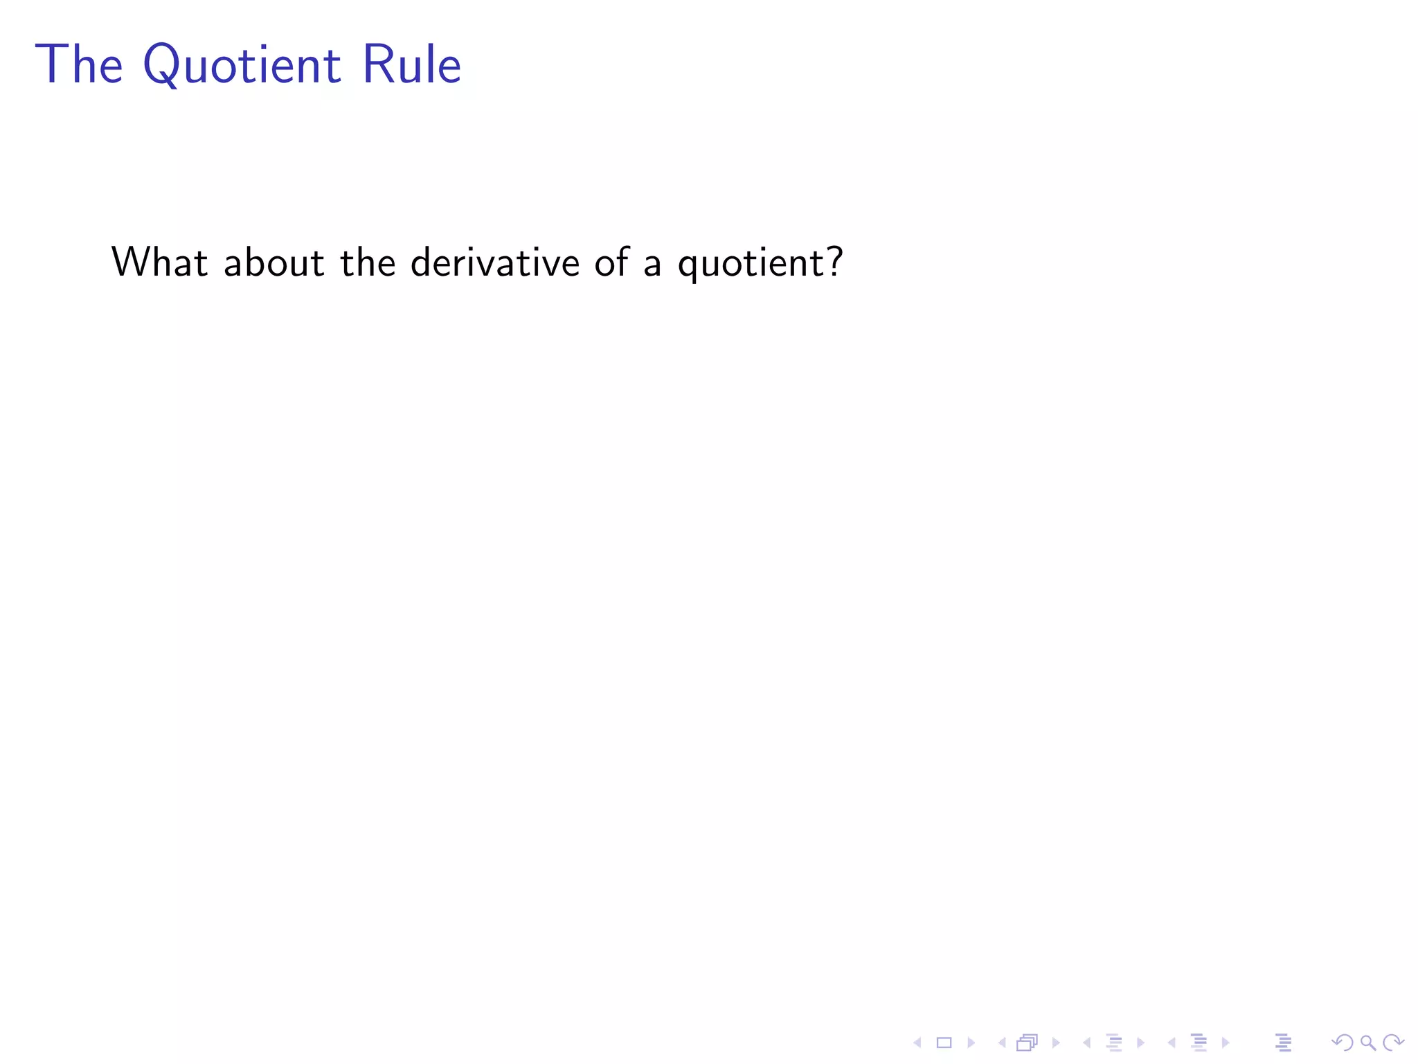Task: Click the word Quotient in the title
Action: pos(242,66)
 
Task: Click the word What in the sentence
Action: pos(160,263)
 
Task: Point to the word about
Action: pos(274,263)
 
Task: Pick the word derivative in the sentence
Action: pos(495,263)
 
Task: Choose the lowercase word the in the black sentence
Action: pos(368,263)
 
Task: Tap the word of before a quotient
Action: pos(612,263)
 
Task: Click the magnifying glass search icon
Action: pos(1367,1043)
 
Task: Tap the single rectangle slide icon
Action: pos(944,1043)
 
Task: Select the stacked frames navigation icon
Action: pos(1027,1043)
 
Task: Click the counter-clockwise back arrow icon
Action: pos(1342,1043)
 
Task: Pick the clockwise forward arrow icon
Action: pos(1393,1043)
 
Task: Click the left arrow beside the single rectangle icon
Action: pos(917,1043)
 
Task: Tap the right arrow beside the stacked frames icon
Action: pos(1056,1043)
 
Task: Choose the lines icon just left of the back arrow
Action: pos(1283,1043)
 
